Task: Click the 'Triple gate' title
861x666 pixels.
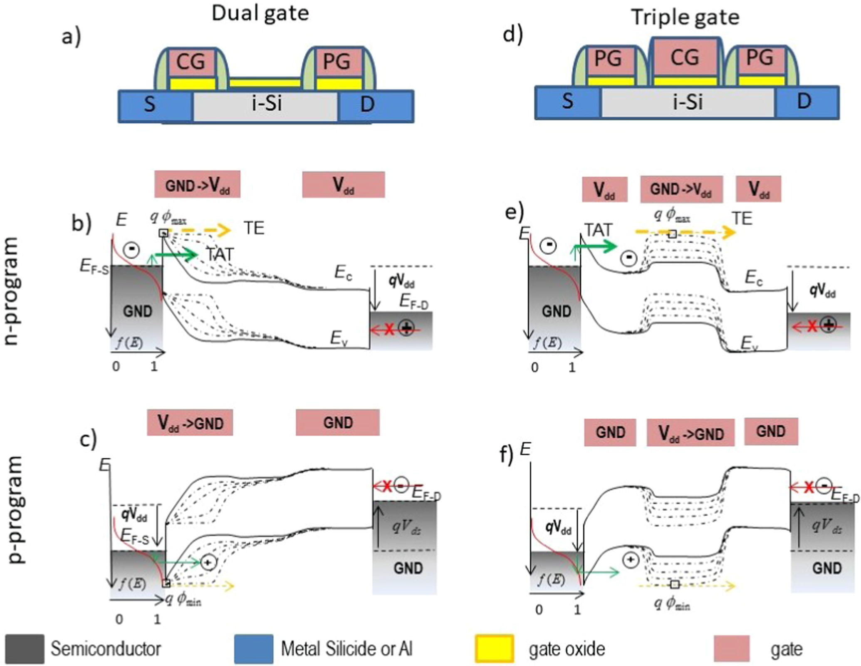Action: pyautogui.click(x=685, y=17)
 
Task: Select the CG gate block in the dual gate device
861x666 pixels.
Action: pyautogui.click(x=191, y=62)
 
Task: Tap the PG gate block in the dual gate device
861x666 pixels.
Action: pyautogui.click(x=337, y=62)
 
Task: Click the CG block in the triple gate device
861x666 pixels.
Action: pyautogui.click(x=685, y=57)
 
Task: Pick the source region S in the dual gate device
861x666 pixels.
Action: pyautogui.click(x=150, y=104)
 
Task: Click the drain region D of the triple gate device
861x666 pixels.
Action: pyautogui.click(x=804, y=101)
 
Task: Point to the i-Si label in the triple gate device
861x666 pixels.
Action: pyautogui.click(x=688, y=102)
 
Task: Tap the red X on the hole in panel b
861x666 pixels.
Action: pyautogui.click(x=389, y=330)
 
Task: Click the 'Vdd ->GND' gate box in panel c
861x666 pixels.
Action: pyautogui.click(x=190, y=423)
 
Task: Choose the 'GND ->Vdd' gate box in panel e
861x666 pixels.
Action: pyautogui.click(x=681, y=189)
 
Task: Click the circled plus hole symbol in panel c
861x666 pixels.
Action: pyautogui.click(x=208, y=562)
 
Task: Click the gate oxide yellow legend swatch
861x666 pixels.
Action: pyautogui.click(x=495, y=648)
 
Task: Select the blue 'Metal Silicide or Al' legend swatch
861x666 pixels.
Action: pyautogui.click(x=253, y=648)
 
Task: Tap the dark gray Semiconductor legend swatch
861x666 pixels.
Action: pyautogui.click(x=25, y=648)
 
